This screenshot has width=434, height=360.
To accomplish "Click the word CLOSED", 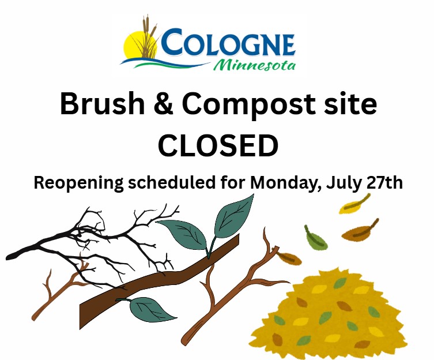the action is (x=218, y=145).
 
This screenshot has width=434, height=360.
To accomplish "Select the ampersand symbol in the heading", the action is (x=164, y=104).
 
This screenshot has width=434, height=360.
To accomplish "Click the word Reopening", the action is (x=78, y=183).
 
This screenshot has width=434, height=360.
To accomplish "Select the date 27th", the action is (x=384, y=183).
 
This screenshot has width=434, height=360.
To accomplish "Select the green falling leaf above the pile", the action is (x=315, y=238).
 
